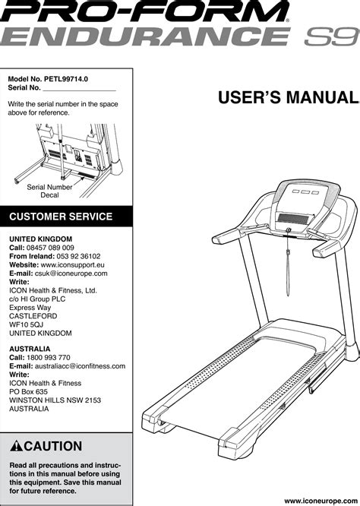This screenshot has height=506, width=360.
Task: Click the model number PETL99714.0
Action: pyautogui.click(x=66, y=79)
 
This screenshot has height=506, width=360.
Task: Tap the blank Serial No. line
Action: pyautogui.click(x=79, y=91)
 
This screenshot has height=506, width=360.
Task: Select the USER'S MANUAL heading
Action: pyautogui.click(x=288, y=97)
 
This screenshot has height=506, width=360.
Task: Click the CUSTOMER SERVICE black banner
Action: pyautogui.click(x=66, y=217)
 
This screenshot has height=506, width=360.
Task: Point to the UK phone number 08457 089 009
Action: pyautogui.click(x=50, y=248)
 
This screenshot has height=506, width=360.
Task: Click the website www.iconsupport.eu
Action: pyautogui.click(x=73, y=265)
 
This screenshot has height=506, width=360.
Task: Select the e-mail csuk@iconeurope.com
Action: pyautogui.click(x=71, y=274)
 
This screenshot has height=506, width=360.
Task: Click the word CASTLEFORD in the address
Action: pyautogui.click(x=33, y=316)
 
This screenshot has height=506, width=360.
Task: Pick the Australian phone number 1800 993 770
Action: pyautogui.click(x=49, y=358)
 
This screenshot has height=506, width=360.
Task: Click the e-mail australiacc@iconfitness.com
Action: pyautogui.click(x=80, y=366)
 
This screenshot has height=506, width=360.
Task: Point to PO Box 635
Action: pyautogui.click(x=28, y=392)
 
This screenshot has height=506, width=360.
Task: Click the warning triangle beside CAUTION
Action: pyautogui.click(x=16, y=446)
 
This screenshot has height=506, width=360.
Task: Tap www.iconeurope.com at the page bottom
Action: pyautogui.click(x=321, y=501)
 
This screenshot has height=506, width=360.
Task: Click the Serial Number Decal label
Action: pyautogui.click(x=49, y=191)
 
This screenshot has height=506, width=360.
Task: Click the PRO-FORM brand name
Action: pyautogui.click(x=144, y=11)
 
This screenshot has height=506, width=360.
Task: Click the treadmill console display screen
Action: pyautogui.click(x=293, y=219)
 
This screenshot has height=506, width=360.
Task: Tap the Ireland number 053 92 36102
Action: pyautogui.click(x=78, y=257)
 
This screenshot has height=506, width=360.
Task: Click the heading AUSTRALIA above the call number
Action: pyautogui.click(x=30, y=349)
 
